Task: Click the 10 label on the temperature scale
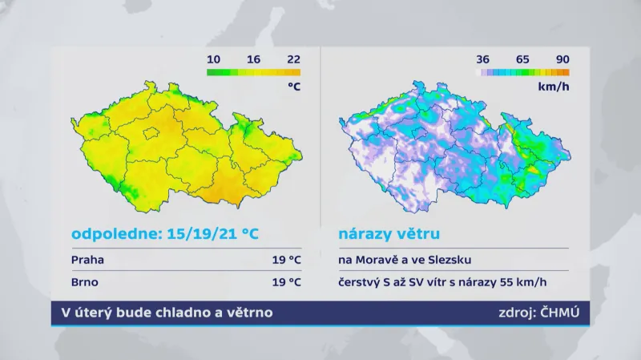pos(214,59)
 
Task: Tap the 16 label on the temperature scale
pos(254,59)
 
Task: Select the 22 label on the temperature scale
pos(293,59)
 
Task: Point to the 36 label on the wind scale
pos(483,59)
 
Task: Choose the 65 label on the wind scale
pos(522,59)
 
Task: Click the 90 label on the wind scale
pos(562,59)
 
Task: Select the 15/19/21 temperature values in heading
pos(200,235)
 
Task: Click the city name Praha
pos(87,260)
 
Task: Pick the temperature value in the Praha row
pos(286,260)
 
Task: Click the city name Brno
pos(86,281)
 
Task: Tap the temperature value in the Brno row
pos(286,281)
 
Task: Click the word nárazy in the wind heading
pos(364,235)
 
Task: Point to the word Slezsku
pos(450,260)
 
